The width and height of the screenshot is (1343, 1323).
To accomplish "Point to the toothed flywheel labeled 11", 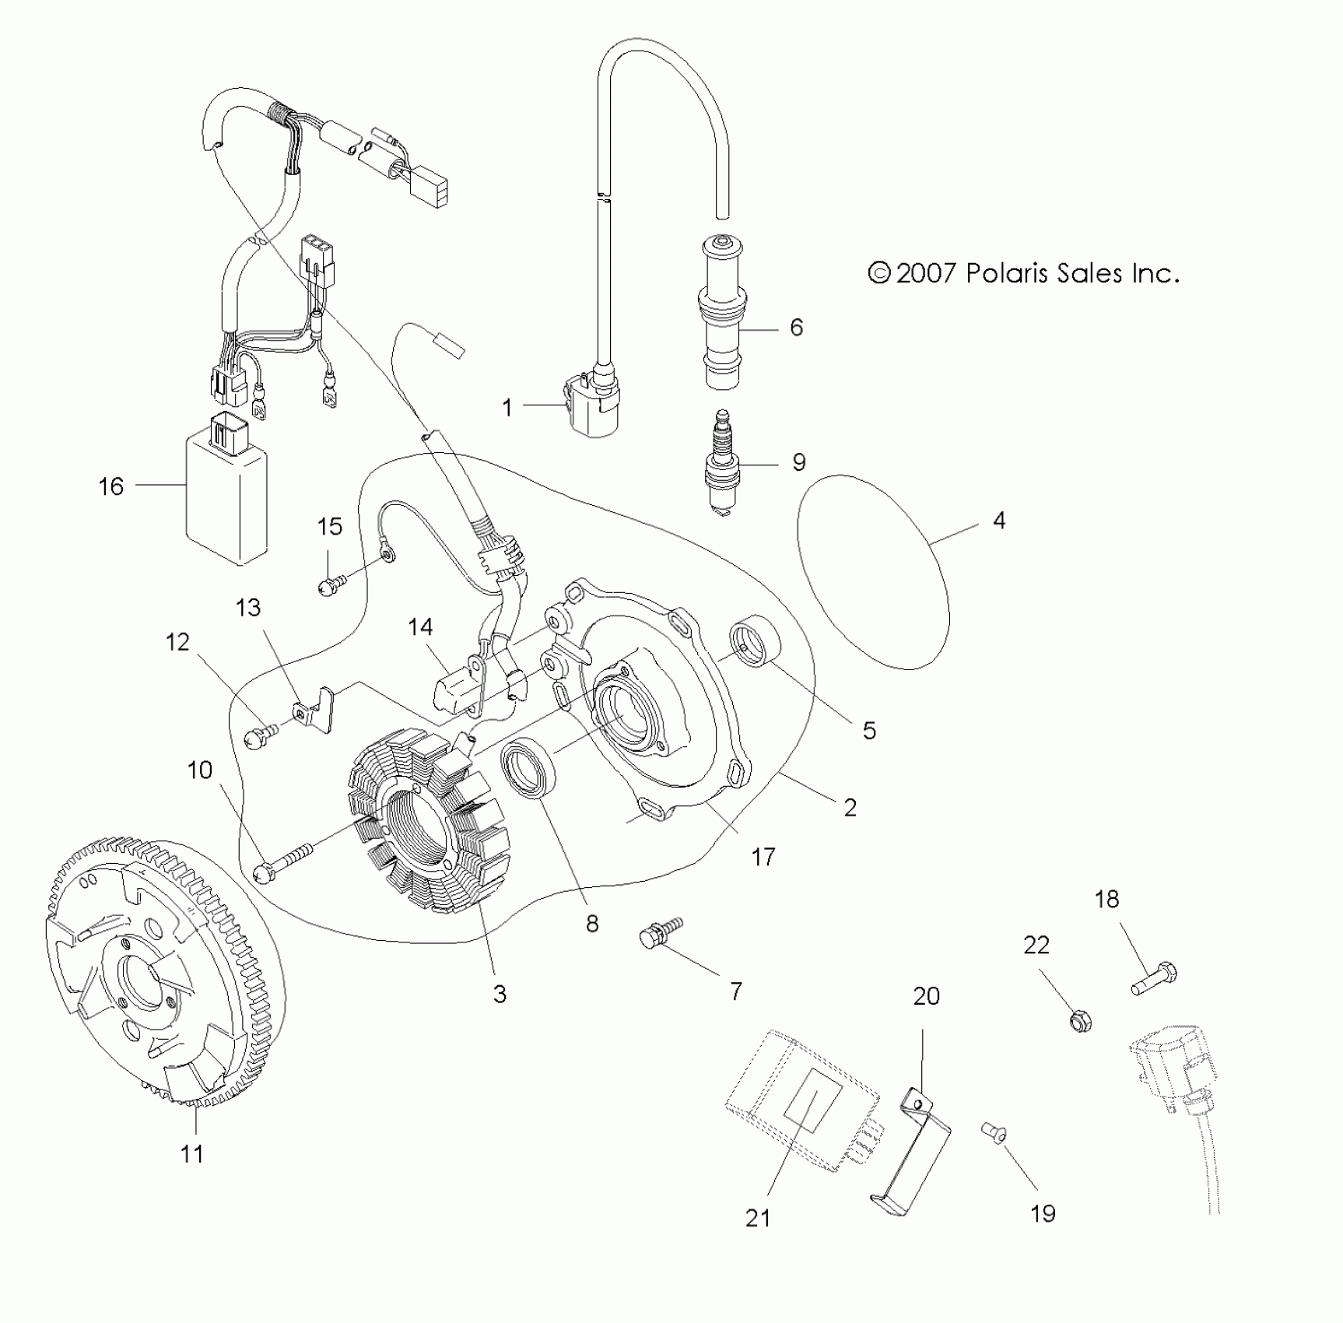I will click(x=163, y=973).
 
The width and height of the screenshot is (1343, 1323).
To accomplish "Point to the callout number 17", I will click(x=763, y=858).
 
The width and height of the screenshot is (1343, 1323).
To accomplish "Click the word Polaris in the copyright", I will click(x=1008, y=273).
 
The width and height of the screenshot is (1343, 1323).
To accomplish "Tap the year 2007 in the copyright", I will click(x=925, y=273).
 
